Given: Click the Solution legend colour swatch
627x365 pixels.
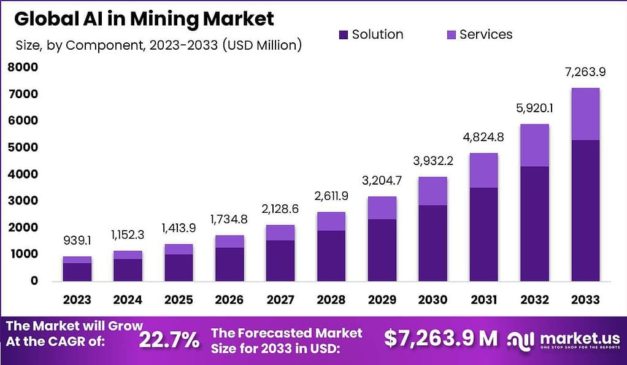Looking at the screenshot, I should coord(343,35).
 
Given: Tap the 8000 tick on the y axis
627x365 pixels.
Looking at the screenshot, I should coord(23,68).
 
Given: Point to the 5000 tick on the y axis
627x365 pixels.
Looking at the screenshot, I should coord(23,148).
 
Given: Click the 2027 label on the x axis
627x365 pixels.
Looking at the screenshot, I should coord(279,300).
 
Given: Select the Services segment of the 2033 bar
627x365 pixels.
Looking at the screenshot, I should coord(585,114).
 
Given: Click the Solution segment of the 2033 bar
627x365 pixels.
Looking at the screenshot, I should coord(585,210).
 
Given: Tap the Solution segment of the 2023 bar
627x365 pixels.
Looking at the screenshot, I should coord(77,272).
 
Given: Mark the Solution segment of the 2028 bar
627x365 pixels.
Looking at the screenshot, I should coord(331,256).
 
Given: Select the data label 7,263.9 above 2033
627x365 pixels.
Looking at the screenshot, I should coord(585,72).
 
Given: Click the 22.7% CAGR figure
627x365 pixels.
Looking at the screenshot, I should coord(169,339).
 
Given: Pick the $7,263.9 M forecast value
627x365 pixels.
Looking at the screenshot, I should coord(440,338).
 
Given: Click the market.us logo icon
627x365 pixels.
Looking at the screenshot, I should coord(521,339).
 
